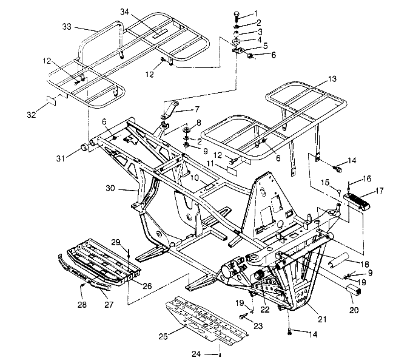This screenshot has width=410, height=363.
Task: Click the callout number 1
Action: coord(255,13)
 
